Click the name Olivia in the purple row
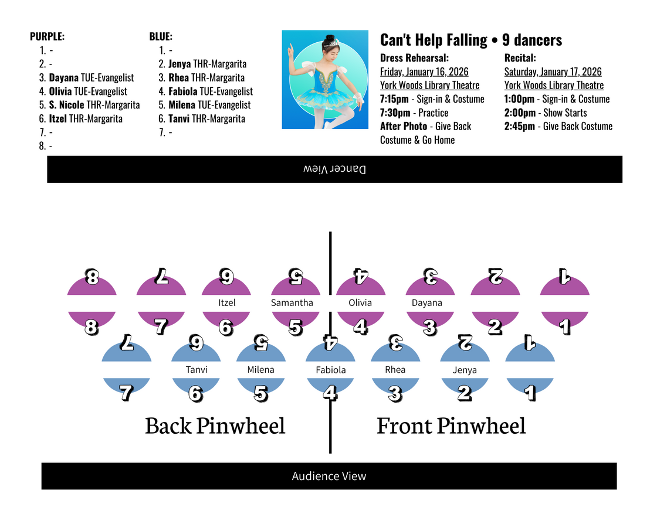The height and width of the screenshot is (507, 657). (x=360, y=302)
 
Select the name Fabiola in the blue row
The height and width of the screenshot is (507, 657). (x=331, y=370)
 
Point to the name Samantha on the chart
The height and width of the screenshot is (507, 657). (x=292, y=302)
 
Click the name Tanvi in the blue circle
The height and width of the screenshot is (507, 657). (x=197, y=369)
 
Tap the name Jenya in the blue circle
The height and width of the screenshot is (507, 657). (x=465, y=370)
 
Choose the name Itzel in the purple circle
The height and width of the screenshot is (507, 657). (x=227, y=302)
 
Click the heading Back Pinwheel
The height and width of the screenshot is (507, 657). (x=215, y=426)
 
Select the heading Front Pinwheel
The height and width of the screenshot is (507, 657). (x=451, y=426)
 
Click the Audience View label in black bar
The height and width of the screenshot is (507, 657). (x=329, y=476)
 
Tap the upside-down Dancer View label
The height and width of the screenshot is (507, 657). (x=334, y=169)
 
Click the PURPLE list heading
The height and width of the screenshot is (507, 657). (x=48, y=36)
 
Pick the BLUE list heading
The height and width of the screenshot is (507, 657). (x=161, y=36)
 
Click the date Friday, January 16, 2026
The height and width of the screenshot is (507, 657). (x=424, y=72)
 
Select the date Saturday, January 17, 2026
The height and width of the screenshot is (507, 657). (x=553, y=72)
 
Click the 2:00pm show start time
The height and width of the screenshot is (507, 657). (x=520, y=113)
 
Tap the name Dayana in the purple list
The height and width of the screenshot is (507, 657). (x=63, y=77)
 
